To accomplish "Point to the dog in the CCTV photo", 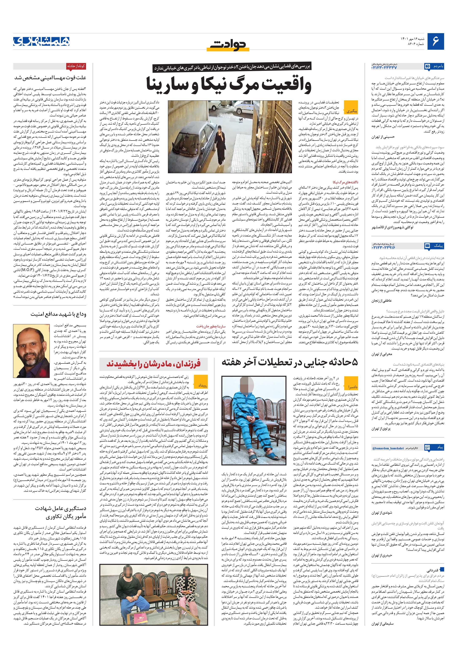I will tap(240, 122).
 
